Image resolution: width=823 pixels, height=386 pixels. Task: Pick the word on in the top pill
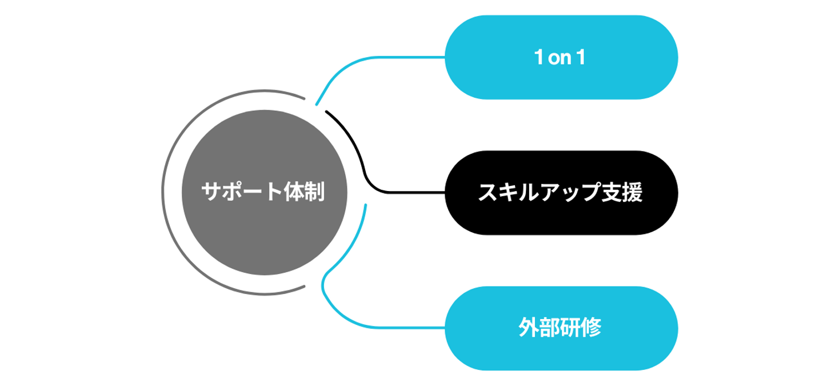(x=560, y=58)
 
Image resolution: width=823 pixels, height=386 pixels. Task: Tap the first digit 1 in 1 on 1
(x=537, y=58)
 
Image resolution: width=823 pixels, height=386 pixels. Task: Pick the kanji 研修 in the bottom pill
(x=581, y=328)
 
